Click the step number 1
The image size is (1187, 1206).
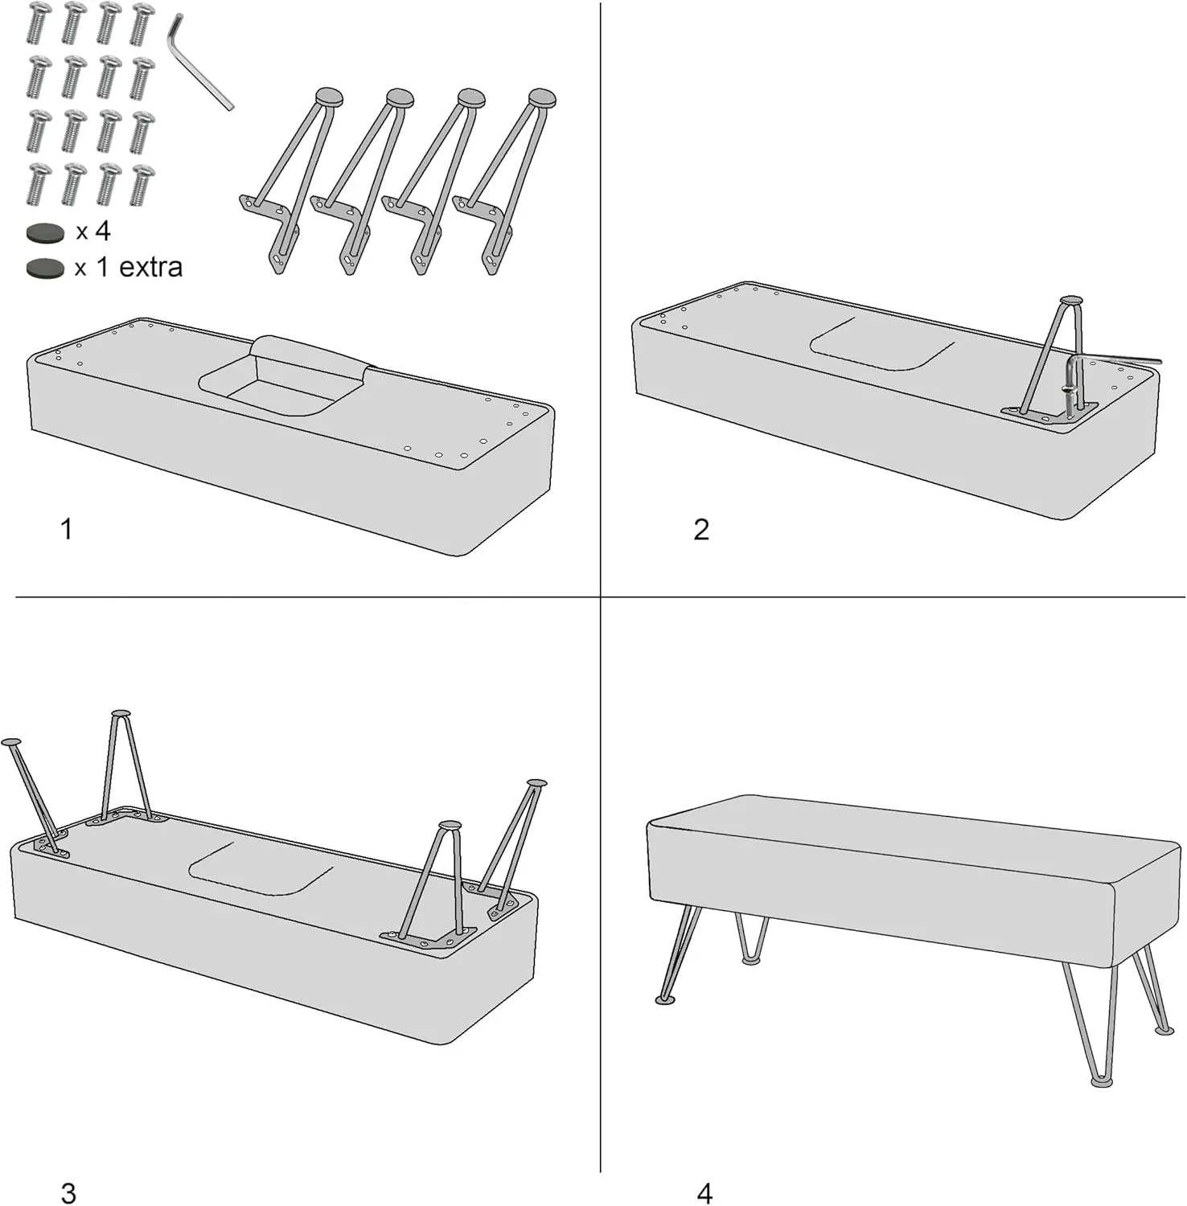(x=67, y=529)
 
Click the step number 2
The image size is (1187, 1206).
(x=701, y=529)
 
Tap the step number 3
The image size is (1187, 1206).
(x=68, y=1193)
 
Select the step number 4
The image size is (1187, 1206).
(x=704, y=1193)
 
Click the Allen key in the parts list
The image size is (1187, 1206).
(x=199, y=63)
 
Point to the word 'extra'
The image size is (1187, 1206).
(x=150, y=267)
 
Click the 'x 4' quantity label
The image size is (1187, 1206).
(x=93, y=232)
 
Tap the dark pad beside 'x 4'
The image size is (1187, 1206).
(x=45, y=233)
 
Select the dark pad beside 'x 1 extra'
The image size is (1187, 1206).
(x=45, y=268)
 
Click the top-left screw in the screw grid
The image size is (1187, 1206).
(x=39, y=23)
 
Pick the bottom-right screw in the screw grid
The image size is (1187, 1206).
(x=142, y=184)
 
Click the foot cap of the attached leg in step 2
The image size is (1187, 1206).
(x=1071, y=301)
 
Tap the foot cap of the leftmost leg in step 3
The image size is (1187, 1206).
(x=12, y=741)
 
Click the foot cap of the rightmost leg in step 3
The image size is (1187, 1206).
(x=536, y=782)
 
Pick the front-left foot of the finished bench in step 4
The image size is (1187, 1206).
(x=666, y=999)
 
